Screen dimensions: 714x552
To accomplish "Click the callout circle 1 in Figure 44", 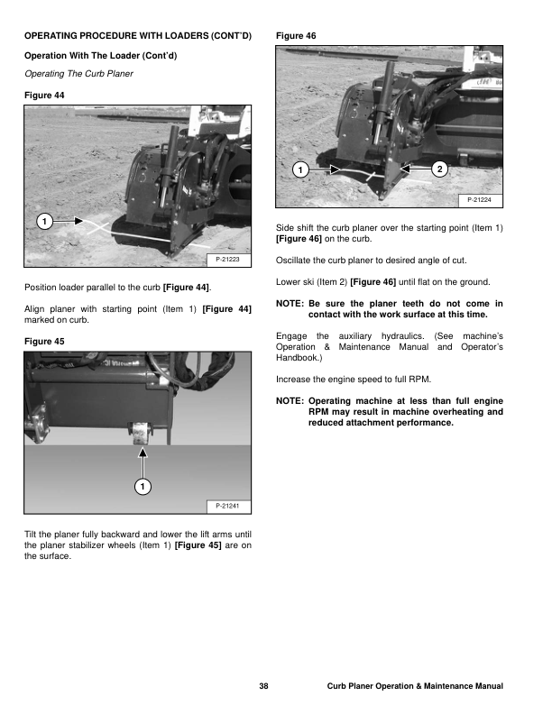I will click(43, 221).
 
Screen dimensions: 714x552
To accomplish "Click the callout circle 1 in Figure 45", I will click(142, 488).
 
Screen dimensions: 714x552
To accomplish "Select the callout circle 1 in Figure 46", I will click(299, 169).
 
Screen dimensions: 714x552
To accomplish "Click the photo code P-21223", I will click(228, 260).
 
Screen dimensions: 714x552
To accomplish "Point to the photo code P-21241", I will click(228, 506).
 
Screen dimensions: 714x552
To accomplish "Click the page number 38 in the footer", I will click(263, 687).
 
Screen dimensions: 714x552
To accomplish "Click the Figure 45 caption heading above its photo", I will click(45, 341).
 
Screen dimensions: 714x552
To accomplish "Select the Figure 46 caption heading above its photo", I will click(295, 35).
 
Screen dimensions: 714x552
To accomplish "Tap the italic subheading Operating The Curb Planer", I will click(78, 73).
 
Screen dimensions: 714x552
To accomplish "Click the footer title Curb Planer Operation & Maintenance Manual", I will click(415, 687).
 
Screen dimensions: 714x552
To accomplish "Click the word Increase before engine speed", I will click(296, 379).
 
